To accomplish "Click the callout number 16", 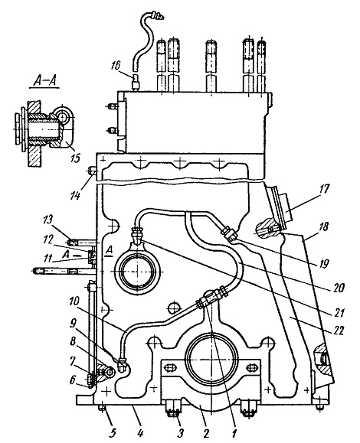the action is point(115,66).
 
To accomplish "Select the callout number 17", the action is point(323,189).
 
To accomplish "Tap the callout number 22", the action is point(338,331).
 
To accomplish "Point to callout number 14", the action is point(75,195).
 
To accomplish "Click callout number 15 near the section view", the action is point(76,158).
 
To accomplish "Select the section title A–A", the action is point(44,81).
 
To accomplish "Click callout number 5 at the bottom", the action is point(113,432).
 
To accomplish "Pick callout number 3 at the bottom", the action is point(181,432).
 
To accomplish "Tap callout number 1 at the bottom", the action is point(234,433).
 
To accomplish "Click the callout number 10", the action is point(74,301).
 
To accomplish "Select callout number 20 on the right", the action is point(339,288).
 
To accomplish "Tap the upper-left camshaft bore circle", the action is point(137,271).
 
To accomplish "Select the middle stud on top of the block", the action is point(211,67).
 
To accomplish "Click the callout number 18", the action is point(324,227).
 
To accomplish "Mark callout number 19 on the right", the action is point(324,264).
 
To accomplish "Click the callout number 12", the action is point(48,240).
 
